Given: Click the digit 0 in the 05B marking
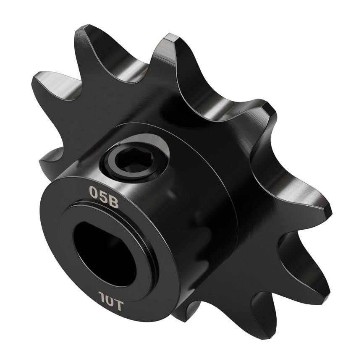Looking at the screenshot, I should (x=94, y=192).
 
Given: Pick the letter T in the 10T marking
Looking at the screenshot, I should (x=118, y=305).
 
